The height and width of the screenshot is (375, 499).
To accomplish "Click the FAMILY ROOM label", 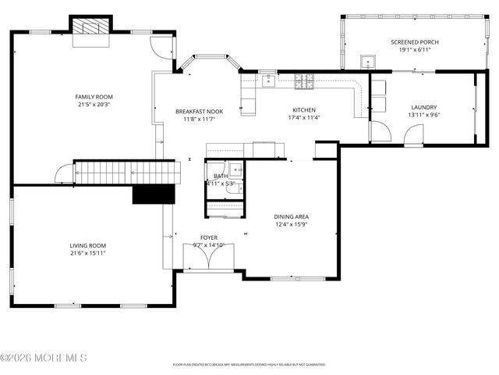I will [x=94, y=96].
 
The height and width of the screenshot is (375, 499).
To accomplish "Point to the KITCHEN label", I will [x=303, y=109].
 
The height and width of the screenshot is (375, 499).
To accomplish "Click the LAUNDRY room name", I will [x=423, y=107].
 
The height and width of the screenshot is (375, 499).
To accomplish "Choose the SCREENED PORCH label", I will [x=414, y=42].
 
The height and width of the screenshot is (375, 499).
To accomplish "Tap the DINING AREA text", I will [x=291, y=216].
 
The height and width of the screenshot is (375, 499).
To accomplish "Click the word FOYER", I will [x=208, y=237].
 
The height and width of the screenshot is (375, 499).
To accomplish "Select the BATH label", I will [x=221, y=177].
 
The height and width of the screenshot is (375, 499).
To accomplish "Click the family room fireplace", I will [x=92, y=26].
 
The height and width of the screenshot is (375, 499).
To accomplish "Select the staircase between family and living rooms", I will [x=125, y=172].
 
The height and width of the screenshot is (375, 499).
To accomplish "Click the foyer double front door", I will [x=207, y=258].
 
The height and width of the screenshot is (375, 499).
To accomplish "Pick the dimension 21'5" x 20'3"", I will [x=94, y=105].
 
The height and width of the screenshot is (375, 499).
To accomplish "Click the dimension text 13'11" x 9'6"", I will [x=423, y=116].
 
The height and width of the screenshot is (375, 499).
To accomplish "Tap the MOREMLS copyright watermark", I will [x=44, y=358].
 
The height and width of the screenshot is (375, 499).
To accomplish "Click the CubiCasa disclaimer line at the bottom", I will [x=249, y=365].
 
